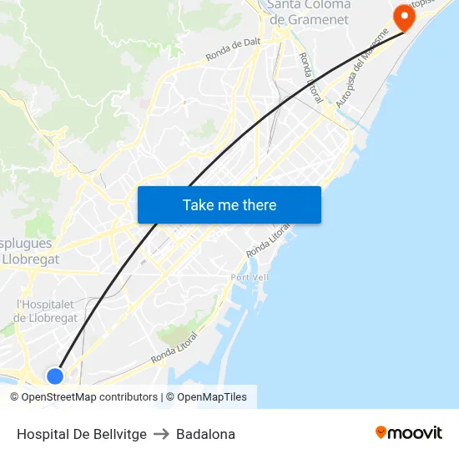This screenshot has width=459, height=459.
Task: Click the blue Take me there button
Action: click(229, 204)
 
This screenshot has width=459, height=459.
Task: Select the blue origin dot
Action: click(55, 376)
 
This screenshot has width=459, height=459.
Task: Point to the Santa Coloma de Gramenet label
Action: click(310, 12)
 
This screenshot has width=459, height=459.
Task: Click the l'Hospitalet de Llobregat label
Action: click(46, 311)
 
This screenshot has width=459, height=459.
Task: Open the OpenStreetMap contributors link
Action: click(89, 397)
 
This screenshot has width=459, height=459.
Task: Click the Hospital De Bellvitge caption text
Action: click(82, 434)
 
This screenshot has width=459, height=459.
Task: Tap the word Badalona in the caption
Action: click(205, 434)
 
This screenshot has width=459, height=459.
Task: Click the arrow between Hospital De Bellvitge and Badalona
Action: click(161, 434)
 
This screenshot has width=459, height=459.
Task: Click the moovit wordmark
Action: click(415, 433)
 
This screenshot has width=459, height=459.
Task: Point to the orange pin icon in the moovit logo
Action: click(381, 433)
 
